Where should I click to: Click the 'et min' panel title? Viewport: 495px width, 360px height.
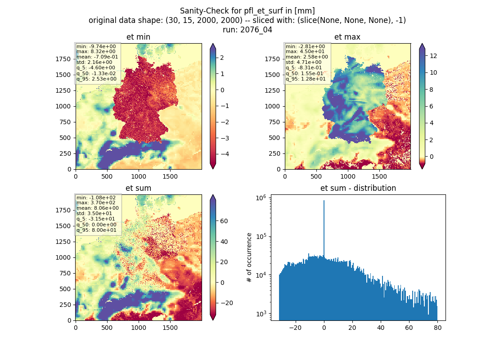point(138,37)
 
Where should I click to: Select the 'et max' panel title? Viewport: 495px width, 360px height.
point(347,37)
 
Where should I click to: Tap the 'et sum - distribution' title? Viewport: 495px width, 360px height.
point(358,188)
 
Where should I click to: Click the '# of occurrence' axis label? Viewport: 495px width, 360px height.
point(249,257)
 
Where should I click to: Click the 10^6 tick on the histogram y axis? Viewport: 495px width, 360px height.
point(261,198)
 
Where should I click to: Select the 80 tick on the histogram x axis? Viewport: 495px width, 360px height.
point(437,328)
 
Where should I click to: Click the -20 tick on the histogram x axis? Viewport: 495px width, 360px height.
point(295,328)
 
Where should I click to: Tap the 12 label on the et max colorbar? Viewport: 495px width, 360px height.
point(433,56)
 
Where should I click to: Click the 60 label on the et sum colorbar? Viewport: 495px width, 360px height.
point(224,221)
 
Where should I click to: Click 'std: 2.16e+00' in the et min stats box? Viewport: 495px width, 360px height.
point(94,62)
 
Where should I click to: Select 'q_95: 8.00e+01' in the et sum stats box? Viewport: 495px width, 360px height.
point(96,230)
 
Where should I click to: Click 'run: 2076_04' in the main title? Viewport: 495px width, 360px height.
point(247,30)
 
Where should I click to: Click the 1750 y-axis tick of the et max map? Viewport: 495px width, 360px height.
point(272,59)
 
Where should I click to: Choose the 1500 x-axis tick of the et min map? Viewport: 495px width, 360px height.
point(170,176)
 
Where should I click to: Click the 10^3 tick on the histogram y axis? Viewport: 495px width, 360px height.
point(261,314)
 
